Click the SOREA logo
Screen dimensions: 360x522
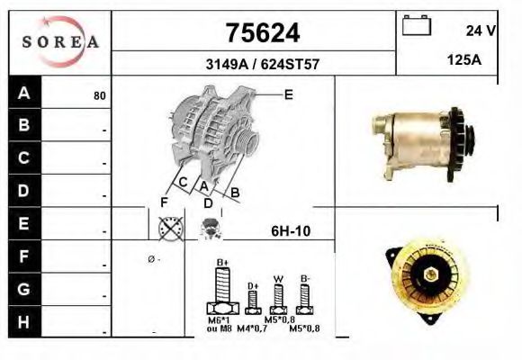click(x=59, y=41)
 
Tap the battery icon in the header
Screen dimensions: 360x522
click(x=416, y=25)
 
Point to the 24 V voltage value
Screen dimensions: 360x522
click(x=481, y=31)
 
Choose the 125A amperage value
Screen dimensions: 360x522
click(x=464, y=60)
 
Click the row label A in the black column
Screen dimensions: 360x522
click(x=24, y=93)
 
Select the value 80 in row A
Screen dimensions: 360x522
click(x=100, y=95)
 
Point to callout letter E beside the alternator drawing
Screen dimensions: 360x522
click(x=288, y=94)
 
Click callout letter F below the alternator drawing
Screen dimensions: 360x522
click(x=164, y=202)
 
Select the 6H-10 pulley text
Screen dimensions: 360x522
click(x=291, y=231)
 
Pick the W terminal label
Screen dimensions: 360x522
click(x=279, y=279)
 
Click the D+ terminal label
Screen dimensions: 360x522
click(x=254, y=286)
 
